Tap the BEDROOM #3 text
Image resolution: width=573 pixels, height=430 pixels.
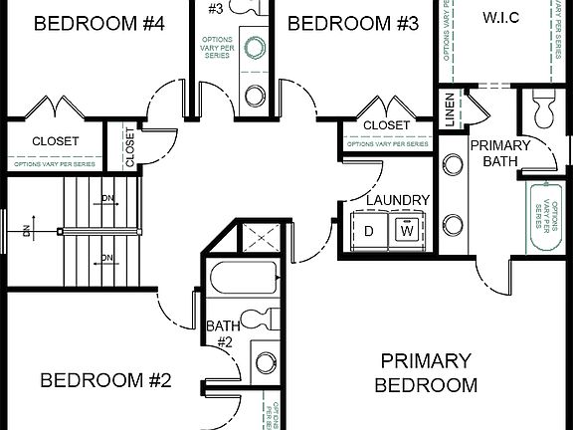point(345,24)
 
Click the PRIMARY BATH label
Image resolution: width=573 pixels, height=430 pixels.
point(506,152)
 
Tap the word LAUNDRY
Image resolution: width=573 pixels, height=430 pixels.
point(397,200)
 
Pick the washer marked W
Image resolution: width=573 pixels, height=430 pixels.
point(407,230)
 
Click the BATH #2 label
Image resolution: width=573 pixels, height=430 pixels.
point(219,333)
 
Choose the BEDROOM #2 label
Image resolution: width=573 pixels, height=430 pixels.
point(106,380)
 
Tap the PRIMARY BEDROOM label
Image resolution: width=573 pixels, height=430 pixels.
point(429,372)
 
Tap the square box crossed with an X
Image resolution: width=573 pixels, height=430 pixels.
point(260,238)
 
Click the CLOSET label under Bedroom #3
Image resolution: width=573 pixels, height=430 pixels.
point(386,125)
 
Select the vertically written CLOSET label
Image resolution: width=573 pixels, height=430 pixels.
point(129,146)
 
